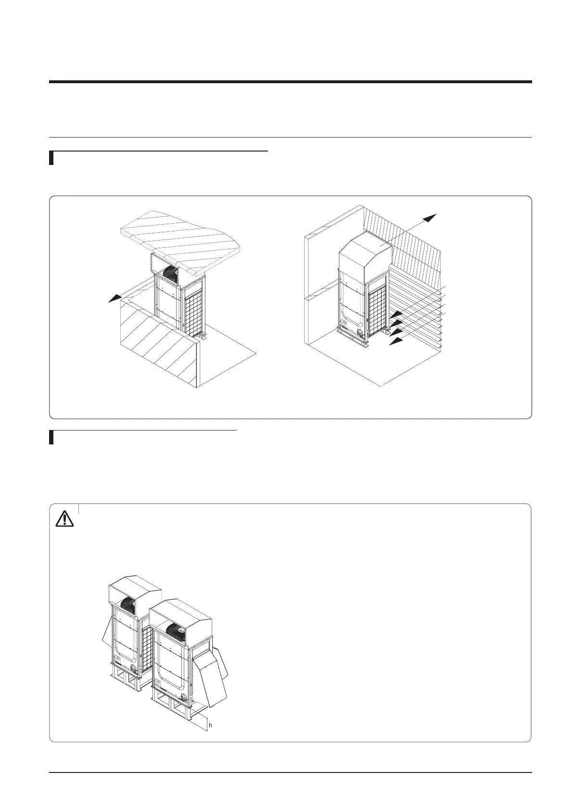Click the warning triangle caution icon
(x=64, y=519)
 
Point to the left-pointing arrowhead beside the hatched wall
(x=114, y=299)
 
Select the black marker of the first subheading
(x=51, y=158)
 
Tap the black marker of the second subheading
(x=51, y=438)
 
